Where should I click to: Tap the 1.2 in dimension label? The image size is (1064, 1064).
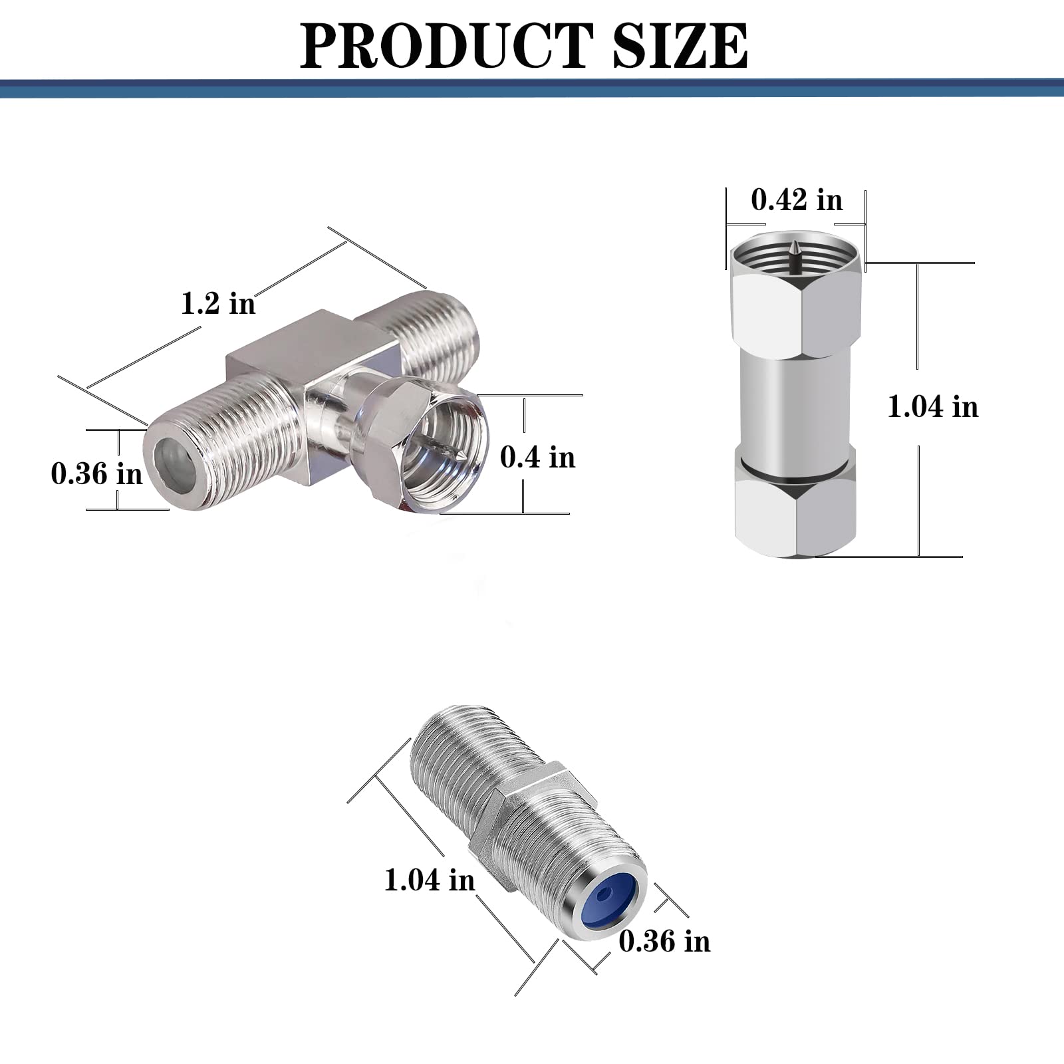218,303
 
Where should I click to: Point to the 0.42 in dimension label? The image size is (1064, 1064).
797,199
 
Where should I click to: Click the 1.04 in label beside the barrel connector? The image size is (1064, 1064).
933,406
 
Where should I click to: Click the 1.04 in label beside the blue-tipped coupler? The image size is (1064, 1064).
430,880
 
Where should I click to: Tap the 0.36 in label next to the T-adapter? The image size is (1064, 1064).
97,473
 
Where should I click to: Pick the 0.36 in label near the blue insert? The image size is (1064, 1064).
664,941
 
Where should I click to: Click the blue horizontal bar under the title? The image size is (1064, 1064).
532,88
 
